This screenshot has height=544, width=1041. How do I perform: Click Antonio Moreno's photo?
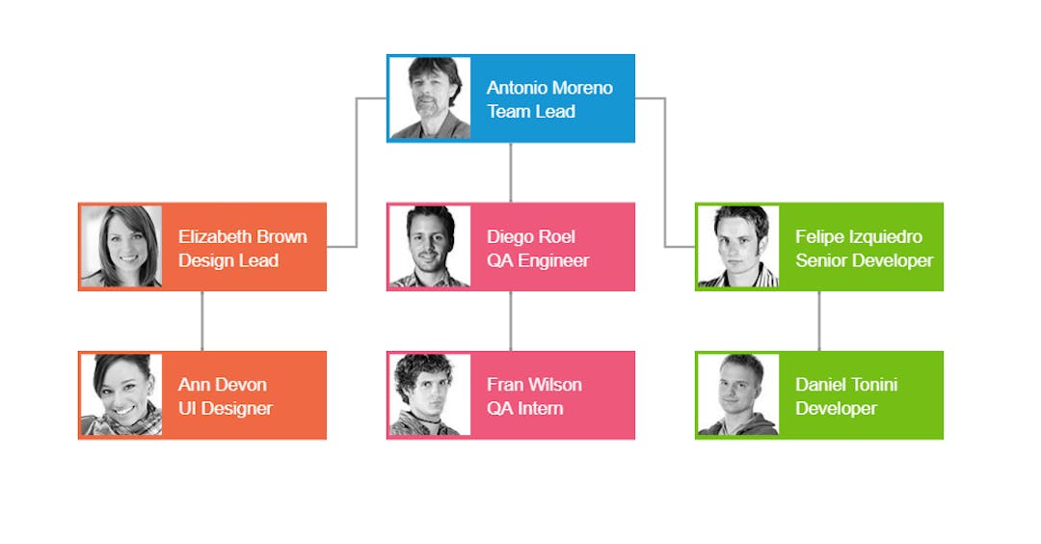(430, 98)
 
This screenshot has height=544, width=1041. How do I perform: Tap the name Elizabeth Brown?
(243, 236)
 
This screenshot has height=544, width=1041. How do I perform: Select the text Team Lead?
(530, 112)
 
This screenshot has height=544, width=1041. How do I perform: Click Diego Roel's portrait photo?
(430, 247)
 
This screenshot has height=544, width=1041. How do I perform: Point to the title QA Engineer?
(537, 260)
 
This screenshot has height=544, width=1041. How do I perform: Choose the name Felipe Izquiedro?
(858, 236)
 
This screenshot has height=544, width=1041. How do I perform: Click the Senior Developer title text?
(864, 260)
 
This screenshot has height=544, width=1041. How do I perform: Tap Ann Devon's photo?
(121, 394)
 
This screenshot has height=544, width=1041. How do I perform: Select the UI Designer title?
(225, 408)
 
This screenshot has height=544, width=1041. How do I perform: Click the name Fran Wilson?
(534, 384)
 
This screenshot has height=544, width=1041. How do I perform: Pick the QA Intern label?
(524, 408)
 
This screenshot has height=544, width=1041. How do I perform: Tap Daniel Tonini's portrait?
(738, 394)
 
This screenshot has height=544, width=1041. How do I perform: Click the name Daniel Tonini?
(845, 384)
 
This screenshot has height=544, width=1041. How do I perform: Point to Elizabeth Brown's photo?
(121, 247)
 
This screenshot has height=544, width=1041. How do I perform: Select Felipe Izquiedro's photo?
(738, 247)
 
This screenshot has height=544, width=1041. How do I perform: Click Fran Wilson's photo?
(430, 394)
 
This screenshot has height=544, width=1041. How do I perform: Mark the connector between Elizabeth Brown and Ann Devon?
(202, 320)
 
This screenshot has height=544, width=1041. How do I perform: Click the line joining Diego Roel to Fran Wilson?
(511, 320)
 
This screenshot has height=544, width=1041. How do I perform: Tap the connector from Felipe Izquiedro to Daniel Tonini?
(819, 320)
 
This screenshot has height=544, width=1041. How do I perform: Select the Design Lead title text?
(228, 260)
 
